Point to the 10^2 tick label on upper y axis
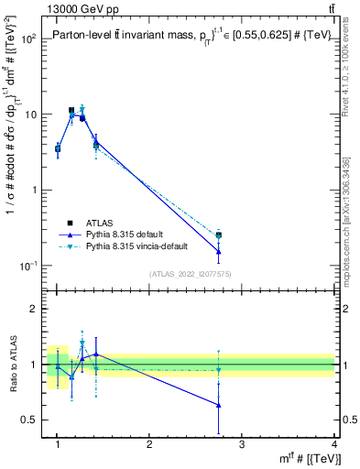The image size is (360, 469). pos(29,39)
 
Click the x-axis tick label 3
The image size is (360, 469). pos(242,444)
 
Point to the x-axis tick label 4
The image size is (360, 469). pos(333,444)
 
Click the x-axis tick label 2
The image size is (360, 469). pos(149,444)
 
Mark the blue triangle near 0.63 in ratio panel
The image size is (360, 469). pos(218,405)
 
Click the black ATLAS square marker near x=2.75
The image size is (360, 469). pos(218,235)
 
